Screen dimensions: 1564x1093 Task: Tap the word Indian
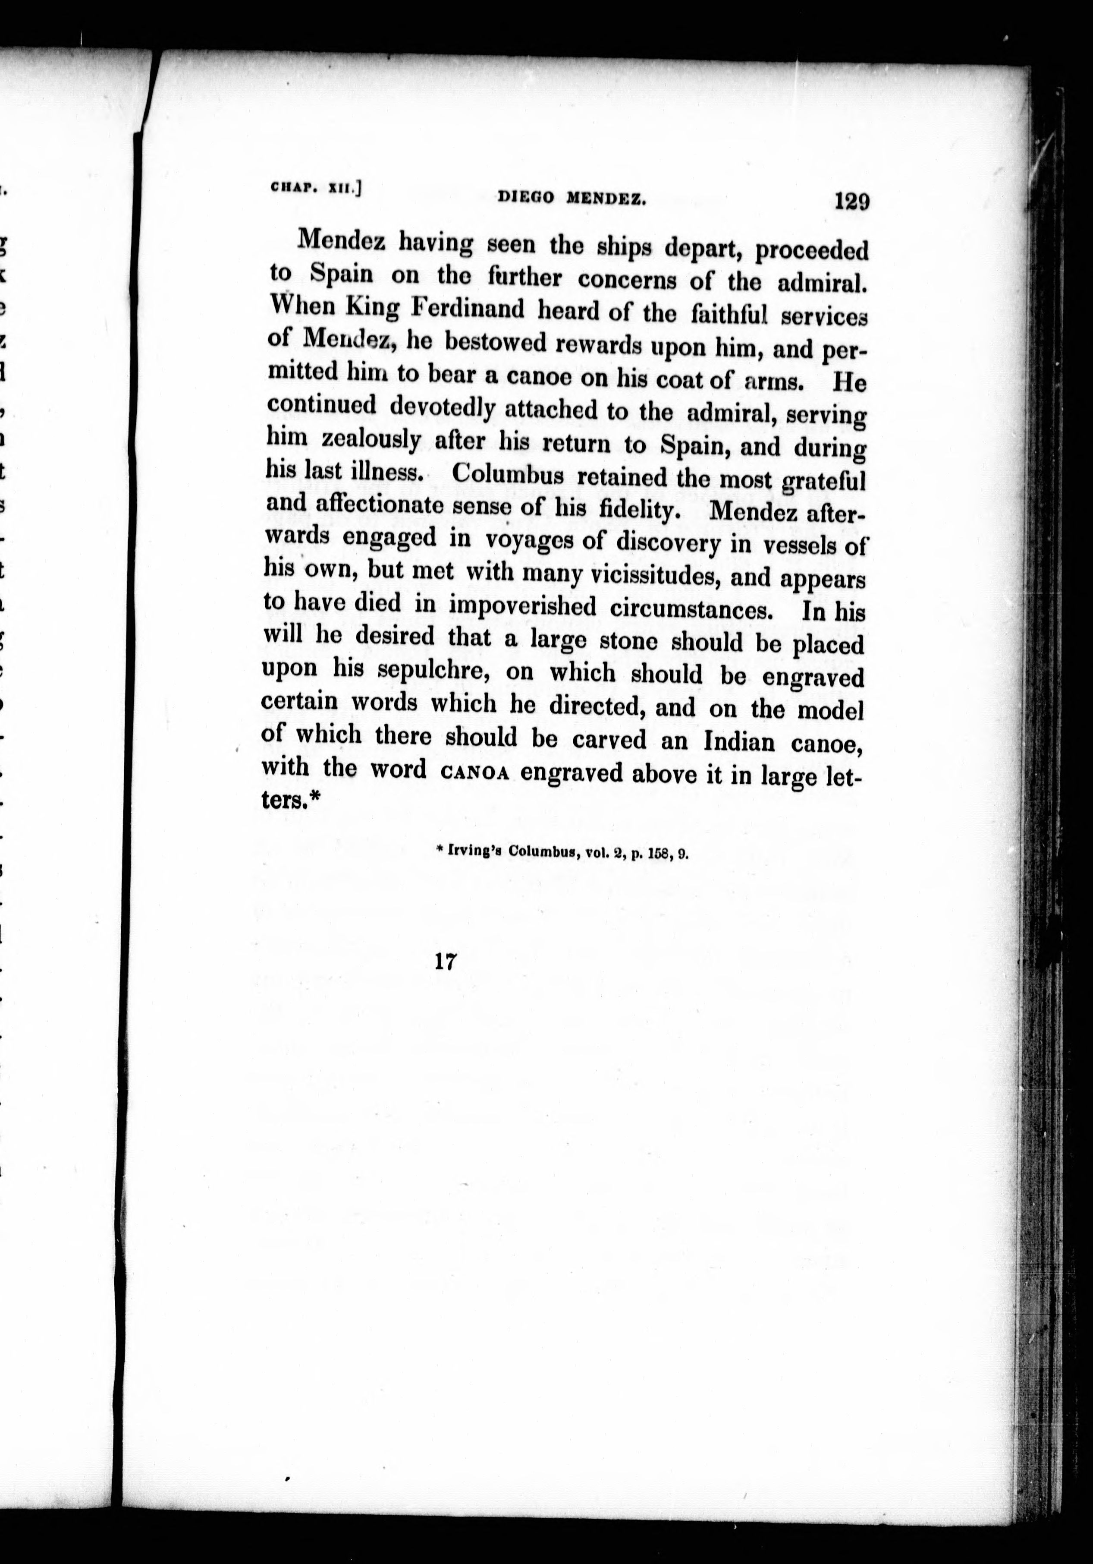(x=739, y=741)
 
